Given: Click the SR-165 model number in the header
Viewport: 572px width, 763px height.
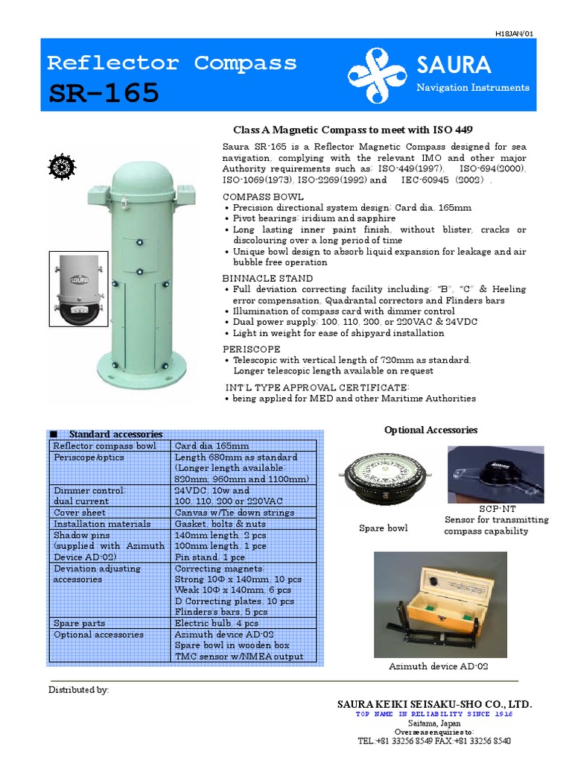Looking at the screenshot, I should coord(104,93).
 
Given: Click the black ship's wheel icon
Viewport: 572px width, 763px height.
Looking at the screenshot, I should coord(60,167).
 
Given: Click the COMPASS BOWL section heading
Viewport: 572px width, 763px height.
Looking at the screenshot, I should coord(254,197).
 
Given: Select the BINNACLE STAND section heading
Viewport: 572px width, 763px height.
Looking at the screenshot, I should coord(258,278).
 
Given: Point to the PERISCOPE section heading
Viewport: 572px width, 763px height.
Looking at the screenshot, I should coord(252,349).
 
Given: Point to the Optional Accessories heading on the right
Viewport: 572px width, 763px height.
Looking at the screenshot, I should coord(430,430).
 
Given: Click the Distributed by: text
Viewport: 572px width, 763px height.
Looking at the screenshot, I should coord(79,690).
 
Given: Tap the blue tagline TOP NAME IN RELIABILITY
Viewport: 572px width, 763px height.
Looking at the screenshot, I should coord(435,714).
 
